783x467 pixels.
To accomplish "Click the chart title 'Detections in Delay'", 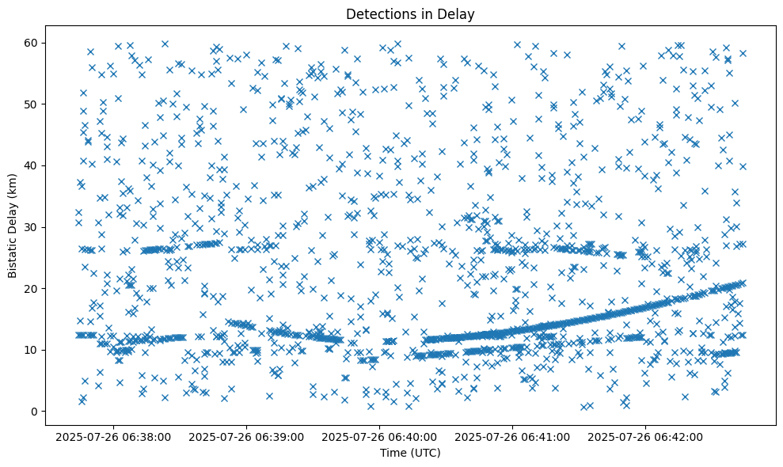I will [410, 13].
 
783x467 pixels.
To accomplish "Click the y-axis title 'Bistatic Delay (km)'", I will [13, 226].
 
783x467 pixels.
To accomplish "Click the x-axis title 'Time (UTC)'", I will [410, 453].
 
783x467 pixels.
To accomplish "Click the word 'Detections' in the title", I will [377, 13].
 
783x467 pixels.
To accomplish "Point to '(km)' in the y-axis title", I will [13, 186].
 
